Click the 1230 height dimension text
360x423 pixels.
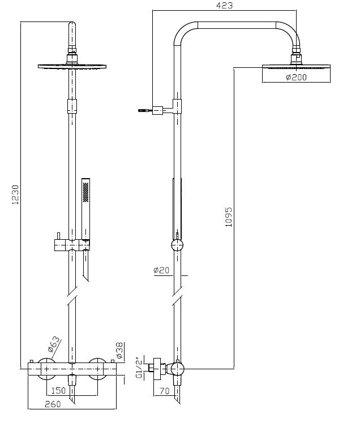click(16, 195)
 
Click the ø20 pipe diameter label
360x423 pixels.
click(161, 271)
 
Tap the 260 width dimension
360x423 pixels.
click(52, 404)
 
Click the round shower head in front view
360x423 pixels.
click(71, 67)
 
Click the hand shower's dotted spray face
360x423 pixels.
click(85, 191)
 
